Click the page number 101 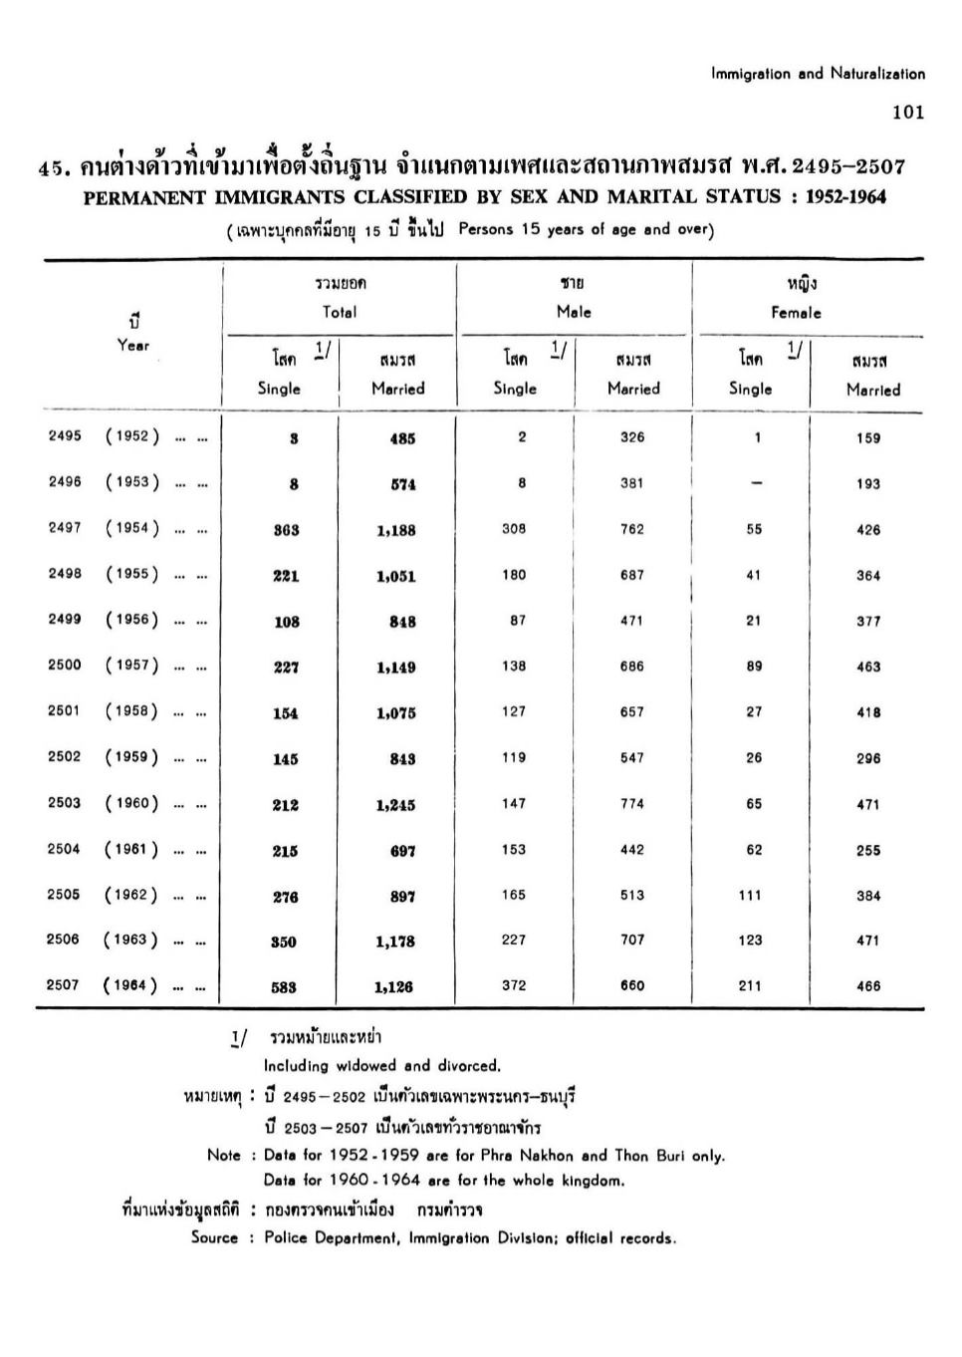coord(908,112)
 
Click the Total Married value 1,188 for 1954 coord(396,530)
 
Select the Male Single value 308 coord(514,529)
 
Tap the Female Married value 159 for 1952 coord(868,437)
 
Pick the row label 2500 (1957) coord(104,666)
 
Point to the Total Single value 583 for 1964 coord(284,987)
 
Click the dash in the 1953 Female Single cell coord(757,483)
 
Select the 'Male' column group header coord(574,312)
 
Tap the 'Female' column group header coord(797,313)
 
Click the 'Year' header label coord(133,346)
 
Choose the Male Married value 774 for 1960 coord(632,804)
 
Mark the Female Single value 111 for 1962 coord(750,895)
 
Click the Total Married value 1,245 coord(396,805)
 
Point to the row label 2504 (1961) coord(104,850)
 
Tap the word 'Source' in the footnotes coord(215,1238)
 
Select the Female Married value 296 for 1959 coord(868,758)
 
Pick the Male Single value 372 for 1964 coord(514,985)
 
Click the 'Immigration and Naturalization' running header coord(818,74)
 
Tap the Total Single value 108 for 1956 coord(287,622)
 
